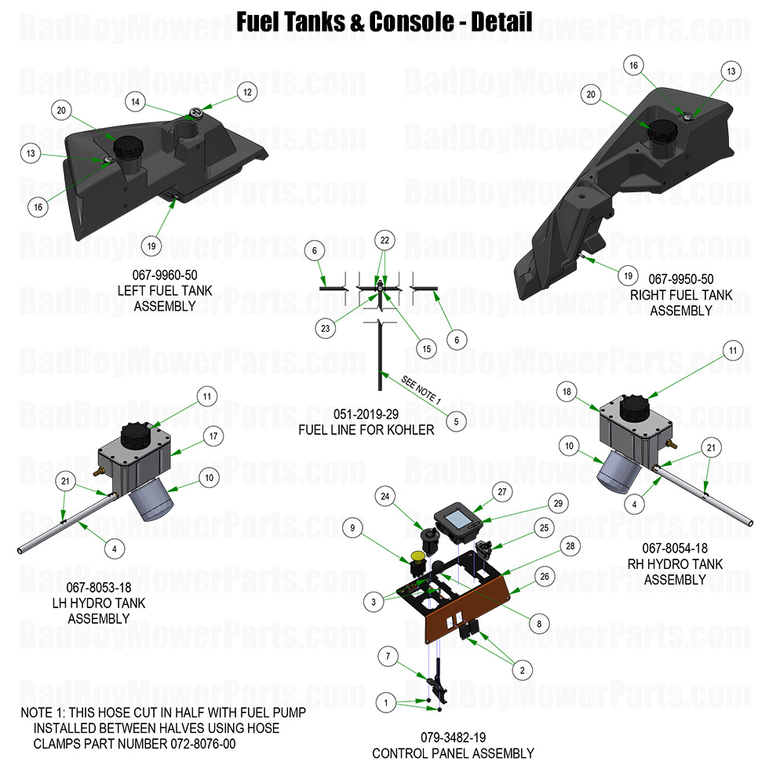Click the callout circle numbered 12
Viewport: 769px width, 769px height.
coord(248,92)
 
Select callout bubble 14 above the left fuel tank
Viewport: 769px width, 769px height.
coord(136,102)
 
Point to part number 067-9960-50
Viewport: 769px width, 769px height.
coord(164,275)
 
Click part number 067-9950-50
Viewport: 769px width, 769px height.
coord(680,279)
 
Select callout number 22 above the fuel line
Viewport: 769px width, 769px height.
coord(384,240)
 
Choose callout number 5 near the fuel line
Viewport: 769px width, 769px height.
coord(457,421)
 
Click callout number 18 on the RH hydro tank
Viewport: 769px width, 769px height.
coord(567,392)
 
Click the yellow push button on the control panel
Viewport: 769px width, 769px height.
coord(417,559)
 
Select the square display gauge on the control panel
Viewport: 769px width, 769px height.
coord(455,519)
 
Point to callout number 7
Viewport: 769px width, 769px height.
coord(386,655)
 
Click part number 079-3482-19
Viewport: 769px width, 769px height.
coord(453,738)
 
